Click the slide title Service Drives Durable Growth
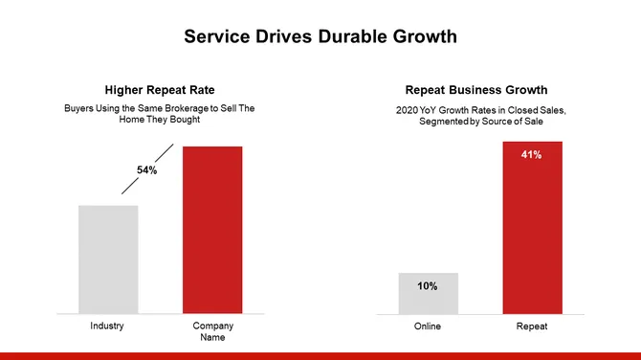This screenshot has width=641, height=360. (320, 37)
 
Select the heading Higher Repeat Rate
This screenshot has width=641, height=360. (160, 90)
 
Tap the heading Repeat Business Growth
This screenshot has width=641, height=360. (481, 90)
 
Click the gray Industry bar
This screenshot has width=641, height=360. (108, 259)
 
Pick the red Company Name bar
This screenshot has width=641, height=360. (212, 230)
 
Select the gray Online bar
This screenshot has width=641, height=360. (428, 293)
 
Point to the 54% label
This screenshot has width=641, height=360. (146, 170)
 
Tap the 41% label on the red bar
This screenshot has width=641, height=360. (532, 154)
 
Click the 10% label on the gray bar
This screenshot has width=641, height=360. (428, 285)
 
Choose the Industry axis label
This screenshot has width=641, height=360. (107, 326)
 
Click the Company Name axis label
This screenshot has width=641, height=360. (212, 331)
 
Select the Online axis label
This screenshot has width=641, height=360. (428, 326)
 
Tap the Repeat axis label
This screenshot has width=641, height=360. (532, 326)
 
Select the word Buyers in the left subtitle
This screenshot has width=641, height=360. (78, 108)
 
